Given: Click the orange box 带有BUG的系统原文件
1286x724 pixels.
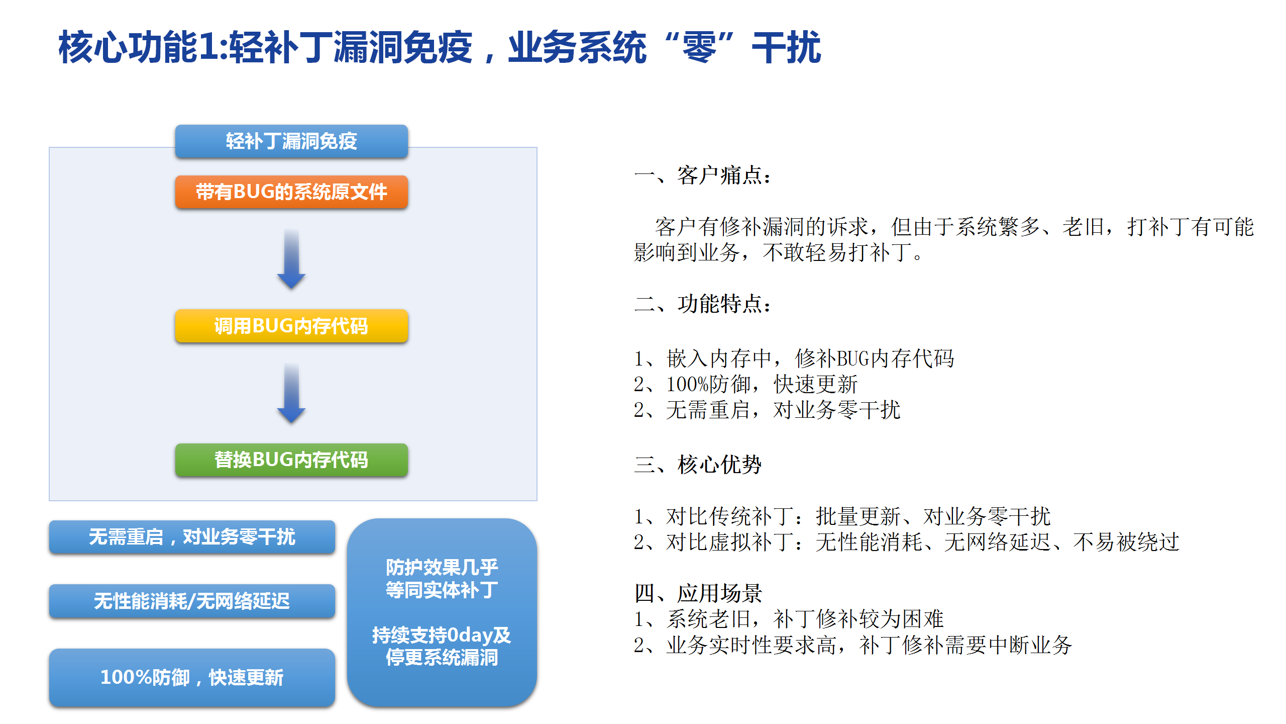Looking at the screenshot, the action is tap(291, 192).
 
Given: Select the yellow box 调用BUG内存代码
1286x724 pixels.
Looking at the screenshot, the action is tap(291, 326).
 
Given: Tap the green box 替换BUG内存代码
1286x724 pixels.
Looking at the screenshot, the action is tap(291, 460).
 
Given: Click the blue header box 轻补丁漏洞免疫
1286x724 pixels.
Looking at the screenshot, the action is tap(291, 141).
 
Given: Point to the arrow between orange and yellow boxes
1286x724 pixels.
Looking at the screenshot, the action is tap(291, 259).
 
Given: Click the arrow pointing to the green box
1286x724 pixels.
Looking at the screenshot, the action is tap(291, 393).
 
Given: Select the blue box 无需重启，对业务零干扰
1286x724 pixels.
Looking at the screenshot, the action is tap(192, 537).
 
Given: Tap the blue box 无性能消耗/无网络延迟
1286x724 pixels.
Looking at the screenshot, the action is tap(192, 601).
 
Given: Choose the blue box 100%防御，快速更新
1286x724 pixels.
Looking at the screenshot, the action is tap(192, 677).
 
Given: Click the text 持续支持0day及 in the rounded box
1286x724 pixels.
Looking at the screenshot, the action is tap(442, 635).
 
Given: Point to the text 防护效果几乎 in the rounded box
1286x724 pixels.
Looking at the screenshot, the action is tap(442, 568).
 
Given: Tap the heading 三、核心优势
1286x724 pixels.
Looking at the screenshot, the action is tap(698, 464).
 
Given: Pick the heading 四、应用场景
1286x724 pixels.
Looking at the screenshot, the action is tap(698, 593).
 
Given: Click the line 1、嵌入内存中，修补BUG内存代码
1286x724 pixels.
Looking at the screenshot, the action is tap(794, 358).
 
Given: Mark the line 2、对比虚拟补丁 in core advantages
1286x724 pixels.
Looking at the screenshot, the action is tap(906, 541).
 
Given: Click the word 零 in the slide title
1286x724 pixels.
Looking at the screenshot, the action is tap(699, 47).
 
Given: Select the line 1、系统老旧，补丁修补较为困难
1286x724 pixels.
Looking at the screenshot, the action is tap(789, 619).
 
